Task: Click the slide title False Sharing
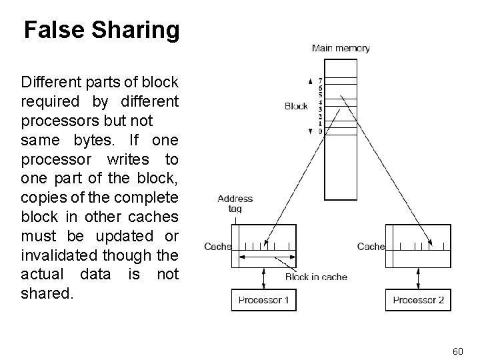[101, 30]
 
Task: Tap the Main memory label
[341, 48]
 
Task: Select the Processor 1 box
[264, 300]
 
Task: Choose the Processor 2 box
[418, 300]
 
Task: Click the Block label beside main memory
[296, 105]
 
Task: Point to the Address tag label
[235, 203]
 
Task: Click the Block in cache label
[316, 277]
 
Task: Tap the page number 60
[457, 351]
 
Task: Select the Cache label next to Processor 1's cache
[217, 247]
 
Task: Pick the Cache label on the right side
[371, 247]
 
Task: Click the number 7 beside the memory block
[321, 81]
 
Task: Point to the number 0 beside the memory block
[321, 131]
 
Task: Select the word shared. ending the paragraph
[48, 293]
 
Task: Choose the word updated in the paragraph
[123, 236]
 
